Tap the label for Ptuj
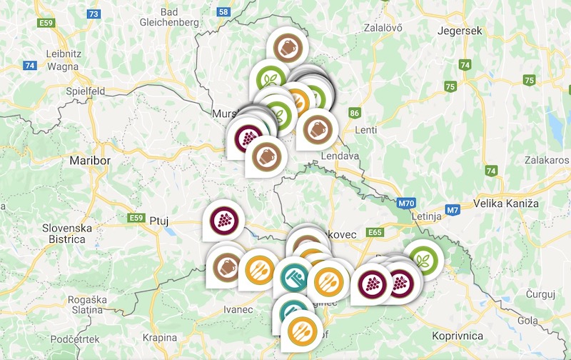point(158,221)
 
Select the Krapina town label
point(160,337)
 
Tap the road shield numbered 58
point(223,11)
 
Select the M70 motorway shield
point(406,204)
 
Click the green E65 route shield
point(374,232)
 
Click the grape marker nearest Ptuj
point(223,219)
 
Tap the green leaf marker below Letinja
point(423,259)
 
